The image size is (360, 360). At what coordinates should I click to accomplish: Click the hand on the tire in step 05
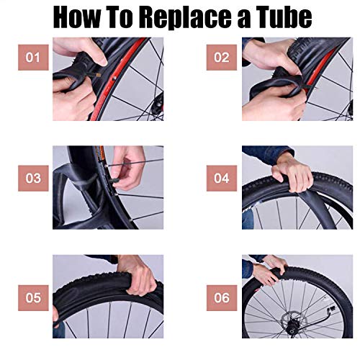tap(141, 277)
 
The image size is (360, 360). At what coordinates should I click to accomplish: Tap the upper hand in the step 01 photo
tap(79, 52)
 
